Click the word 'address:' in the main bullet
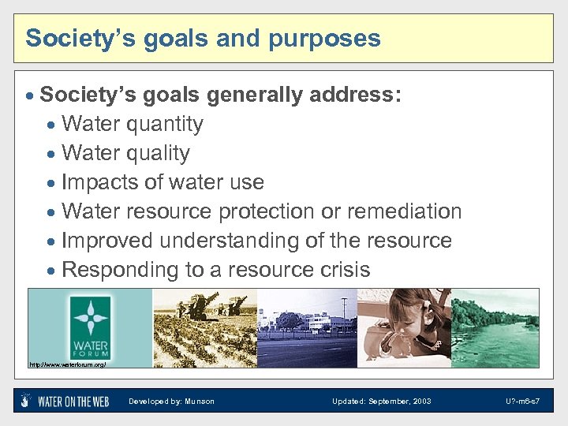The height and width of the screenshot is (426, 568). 356,95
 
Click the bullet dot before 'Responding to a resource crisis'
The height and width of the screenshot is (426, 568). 52,271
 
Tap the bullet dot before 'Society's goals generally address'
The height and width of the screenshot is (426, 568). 31,96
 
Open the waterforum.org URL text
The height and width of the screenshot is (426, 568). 67,364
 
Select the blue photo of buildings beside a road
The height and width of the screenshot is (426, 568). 307,327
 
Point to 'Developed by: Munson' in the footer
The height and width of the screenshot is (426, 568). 171,402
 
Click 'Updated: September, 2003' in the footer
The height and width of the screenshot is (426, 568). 381,402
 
